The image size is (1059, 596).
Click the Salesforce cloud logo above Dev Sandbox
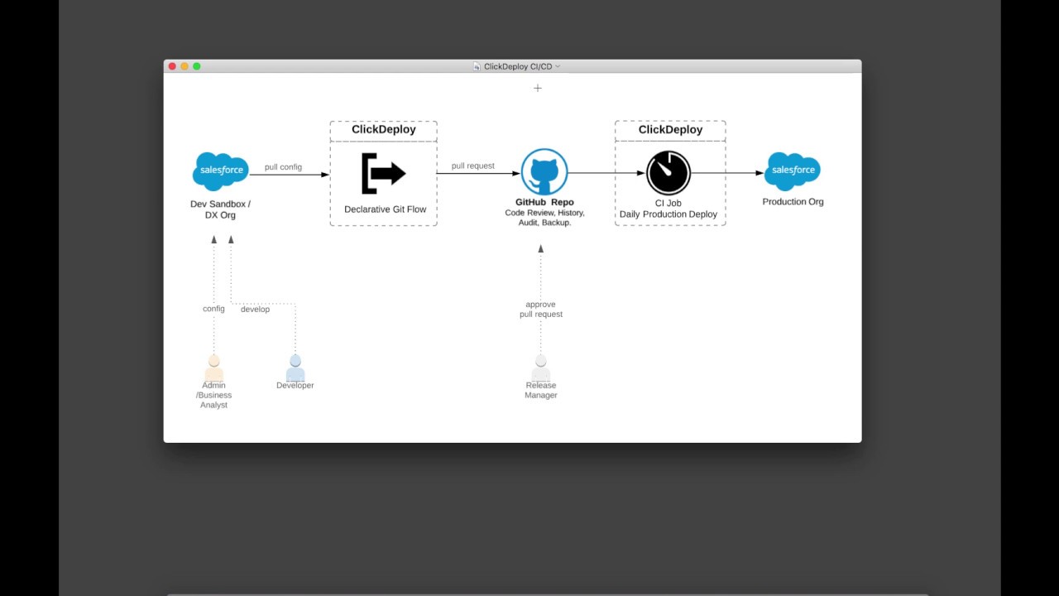point(220,171)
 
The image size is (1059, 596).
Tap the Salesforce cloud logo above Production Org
point(793,171)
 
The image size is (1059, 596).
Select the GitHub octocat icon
point(544,172)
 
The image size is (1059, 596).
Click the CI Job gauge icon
point(668,172)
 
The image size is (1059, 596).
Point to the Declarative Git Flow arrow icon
point(383,173)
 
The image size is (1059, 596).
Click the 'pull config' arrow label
point(283,167)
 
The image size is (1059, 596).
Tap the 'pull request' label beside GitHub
point(472,166)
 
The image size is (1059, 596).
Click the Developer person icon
point(295,368)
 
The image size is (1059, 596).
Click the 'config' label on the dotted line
point(213,309)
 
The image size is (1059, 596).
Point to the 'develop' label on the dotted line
point(255,309)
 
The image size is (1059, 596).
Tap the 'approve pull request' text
point(541,310)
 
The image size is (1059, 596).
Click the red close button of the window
point(172,66)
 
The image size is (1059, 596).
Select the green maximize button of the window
point(197,66)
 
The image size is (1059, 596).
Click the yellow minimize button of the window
point(184,66)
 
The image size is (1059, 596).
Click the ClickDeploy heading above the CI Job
point(670,130)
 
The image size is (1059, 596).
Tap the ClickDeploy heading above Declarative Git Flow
point(383,130)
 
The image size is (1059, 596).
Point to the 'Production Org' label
point(793,202)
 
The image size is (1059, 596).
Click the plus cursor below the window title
point(538,88)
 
